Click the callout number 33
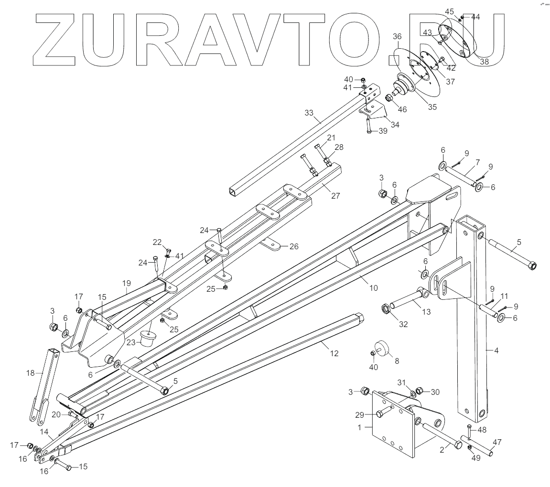pyautogui.click(x=309, y=113)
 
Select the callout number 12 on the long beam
pyautogui.click(x=334, y=353)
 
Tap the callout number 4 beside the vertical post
pyautogui.click(x=496, y=350)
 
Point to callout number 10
pyautogui.click(x=373, y=288)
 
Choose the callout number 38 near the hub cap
pyautogui.click(x=484, y=62)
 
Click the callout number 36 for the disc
pyautogui.click(x=398, y=36)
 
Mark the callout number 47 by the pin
pyautogui.click(x=497, y=442)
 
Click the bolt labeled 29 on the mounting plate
pyautogui.click(x=381, y=413)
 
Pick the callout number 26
pyautogui.click(x=294, y=246)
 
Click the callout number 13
pyautogui.click(x=426, y=312)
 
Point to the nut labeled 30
pyautogui.click(x=420, y=392)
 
